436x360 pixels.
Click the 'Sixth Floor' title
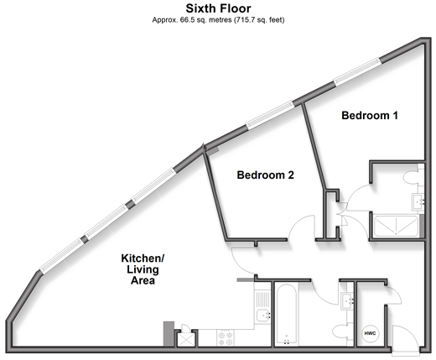pyautogui.click(x=218, y=8)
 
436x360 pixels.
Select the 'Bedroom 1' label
pyautogui.click(x=370, y=115)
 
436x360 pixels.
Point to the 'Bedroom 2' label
pyautogui.click(x=266, y=175)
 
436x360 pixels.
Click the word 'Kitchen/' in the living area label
pyautogui.click(x=143, y=258)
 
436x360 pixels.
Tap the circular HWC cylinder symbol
pyautogui.click(x=371, y=333)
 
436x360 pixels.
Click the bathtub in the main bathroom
pyautogui.click(x=287, y=315)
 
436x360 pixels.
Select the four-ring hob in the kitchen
pyautogui.click(x=226, y=338)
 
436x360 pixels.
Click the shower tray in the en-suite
pyautogui.click(x=396, y=227)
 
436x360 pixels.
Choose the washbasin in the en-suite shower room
pyautogui.click(x=418, y=201)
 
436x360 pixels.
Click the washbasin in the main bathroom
pyautogui.click(x=347, y=301)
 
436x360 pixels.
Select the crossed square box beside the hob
pyautogui.click(x=184, y=340)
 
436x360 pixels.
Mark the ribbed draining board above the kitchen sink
pyautogui.click(x=263, y=300)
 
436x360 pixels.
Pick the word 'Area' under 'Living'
pyautogui.click(x=143, y=280)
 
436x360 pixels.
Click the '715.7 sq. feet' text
pyautogui.click(x=259, y=20)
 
